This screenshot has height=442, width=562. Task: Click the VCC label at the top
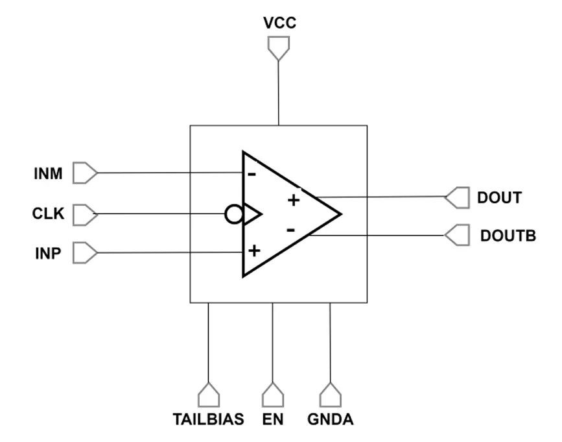[279, 23]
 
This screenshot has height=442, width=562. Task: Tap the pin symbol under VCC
[279, 48]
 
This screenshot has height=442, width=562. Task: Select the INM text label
[48, 174]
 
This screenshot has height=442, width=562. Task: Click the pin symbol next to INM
[85, 173]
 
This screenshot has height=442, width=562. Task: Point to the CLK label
[48, 214]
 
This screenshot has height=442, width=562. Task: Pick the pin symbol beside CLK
[85, 215]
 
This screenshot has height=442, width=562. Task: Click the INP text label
[48, 253]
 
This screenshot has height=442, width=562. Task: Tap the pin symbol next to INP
[85, 253]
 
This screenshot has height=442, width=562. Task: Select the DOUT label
[499, 198]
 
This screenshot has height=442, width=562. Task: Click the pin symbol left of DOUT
[457, 198]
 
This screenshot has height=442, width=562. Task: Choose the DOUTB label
[508, 236]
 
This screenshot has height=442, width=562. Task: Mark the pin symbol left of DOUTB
[457, 236]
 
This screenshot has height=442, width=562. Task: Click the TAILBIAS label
[208, 419]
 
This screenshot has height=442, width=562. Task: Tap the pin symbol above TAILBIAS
[209, 395]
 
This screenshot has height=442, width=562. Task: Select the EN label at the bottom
[273, 419]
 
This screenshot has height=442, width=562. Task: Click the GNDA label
[330, 419]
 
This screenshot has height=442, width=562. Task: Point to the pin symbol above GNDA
[330, 395]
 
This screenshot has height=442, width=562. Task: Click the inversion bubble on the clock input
[234, 214]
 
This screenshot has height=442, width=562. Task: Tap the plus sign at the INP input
[254, 251]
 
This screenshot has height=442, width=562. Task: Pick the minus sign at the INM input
[252, 175]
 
